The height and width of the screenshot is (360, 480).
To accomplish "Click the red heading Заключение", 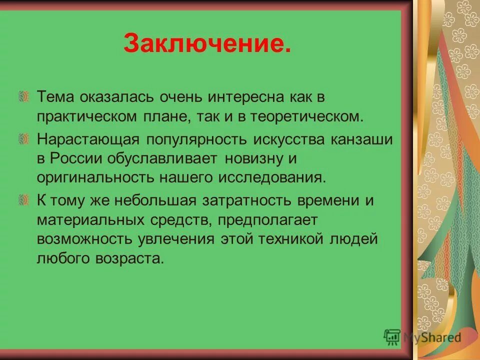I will [206, 43].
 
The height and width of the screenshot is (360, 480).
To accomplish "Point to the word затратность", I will [246, 200].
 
